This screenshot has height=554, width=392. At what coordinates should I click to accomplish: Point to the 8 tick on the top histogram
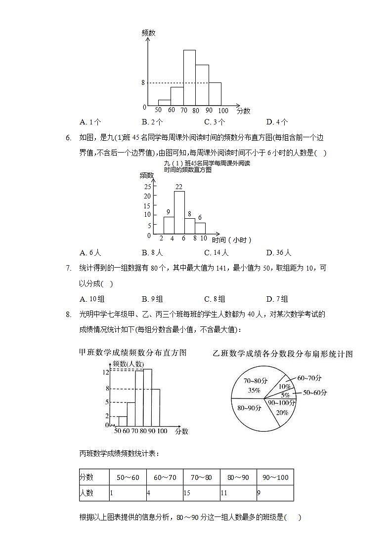click(x=143, y=83)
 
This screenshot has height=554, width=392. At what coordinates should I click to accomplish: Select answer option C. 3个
click(x=215, y=122)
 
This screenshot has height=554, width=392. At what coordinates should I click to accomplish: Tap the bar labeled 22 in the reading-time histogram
click(x=179, y=212)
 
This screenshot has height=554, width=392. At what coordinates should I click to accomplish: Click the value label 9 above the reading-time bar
click(x=168, y=212)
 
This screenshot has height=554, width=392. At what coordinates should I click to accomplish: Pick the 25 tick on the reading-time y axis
click(x=147, y=187)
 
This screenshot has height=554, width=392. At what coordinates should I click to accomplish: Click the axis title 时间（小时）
click(x=232, y=240)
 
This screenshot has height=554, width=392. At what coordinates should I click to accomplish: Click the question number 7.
click(x=69, y=268)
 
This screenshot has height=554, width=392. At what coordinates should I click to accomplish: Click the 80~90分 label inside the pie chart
click(x=249, y=408)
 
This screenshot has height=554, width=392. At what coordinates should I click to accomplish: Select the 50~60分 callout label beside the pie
click(x=315, y=393)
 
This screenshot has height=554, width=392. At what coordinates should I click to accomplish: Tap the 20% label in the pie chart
click(x=282, y=413)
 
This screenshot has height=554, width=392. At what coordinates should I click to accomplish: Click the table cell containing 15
click(x=187, y=493)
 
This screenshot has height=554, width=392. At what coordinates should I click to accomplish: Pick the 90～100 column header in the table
click(x=275, y=477)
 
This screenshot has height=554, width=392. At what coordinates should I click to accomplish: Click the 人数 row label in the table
click(x=87, y=493)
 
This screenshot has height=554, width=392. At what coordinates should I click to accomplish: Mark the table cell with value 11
click(x=224, y=493)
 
